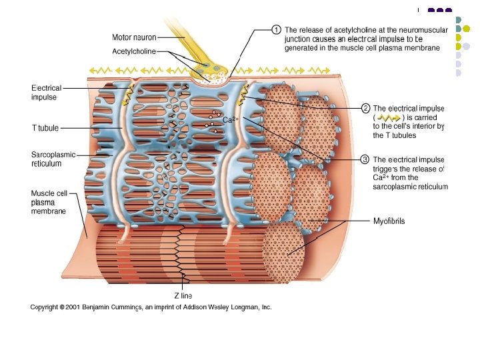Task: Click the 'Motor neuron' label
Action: [x=133, y=37]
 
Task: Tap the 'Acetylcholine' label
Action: [x=133, y=51]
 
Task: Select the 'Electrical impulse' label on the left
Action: [x=46, y=93]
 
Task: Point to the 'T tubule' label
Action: [x=45, y=127]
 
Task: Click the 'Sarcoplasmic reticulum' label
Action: [x=53, y=159]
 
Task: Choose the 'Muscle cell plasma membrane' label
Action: [x=49, y=202]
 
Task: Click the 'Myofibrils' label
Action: [x=389, y=221]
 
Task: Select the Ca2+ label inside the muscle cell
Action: [x=230, y=120]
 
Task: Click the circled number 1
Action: [x=276, y=29]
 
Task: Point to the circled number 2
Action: [x=365, y=108]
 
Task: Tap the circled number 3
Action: [x=365, y=159]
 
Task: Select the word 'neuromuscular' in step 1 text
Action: [x=422, y=30]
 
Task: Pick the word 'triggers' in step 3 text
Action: [x=387, y=169]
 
